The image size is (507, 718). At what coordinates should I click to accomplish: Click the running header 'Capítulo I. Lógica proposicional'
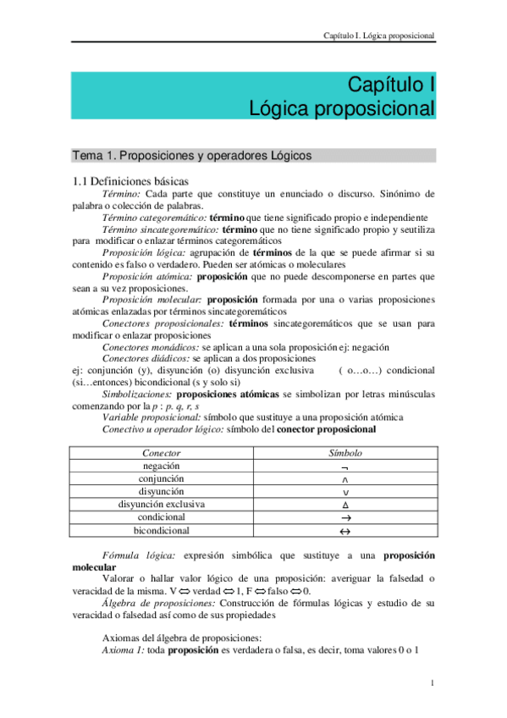point(379,36)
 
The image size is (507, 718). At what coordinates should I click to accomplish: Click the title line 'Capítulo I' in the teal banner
point(391,86)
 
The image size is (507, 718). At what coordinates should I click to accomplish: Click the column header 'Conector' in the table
point(161,454)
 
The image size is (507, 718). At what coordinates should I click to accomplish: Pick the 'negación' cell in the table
point(161,467)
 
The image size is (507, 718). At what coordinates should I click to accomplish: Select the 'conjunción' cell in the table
point(161,479)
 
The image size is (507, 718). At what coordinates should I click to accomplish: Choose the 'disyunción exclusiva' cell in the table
point(161,505)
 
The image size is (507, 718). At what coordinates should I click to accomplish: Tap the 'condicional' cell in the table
point(161,517)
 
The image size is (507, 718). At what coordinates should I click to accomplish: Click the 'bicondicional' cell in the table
point(161,531)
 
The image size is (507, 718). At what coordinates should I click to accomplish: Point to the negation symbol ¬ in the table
point(344,467)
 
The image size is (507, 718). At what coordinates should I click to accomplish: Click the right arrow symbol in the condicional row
point(344,518)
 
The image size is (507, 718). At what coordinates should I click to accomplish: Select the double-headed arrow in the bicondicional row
point(344,532)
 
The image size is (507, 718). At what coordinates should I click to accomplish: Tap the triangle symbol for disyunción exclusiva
point(344,505)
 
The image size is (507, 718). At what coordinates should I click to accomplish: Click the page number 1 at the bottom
point(432,683)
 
